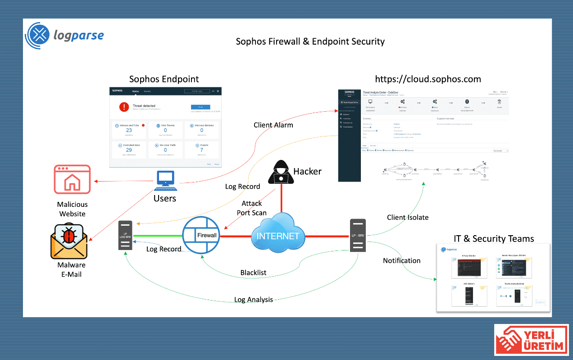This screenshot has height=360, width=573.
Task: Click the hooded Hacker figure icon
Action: click(x=281, y=172)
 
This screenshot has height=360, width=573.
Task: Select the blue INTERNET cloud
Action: click(x=277, y=233)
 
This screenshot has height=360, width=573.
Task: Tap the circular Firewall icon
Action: click(x=201, y=234)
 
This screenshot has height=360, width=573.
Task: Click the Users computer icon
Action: click(x=165, y=179)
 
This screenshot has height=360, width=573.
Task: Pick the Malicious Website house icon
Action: click(x=72, y=180)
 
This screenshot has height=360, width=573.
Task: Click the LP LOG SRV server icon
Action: click(x=125, y=235)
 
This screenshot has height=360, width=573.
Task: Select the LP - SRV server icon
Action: click(x=359, y=235)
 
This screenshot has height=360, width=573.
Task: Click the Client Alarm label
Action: click(x=273, y=125)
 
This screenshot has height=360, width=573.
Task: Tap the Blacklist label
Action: click(x=253, y=273)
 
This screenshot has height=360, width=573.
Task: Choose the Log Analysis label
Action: click(x=253, y=300)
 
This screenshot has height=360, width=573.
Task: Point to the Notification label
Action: click(x=401, y=260)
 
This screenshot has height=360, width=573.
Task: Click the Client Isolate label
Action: click(x=408, y=217)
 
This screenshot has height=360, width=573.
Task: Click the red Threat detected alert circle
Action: click(x=124, y=107)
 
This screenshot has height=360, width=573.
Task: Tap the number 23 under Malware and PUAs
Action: click(x=129, y=130)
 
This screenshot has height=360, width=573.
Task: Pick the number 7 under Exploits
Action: click(x=202, y=150)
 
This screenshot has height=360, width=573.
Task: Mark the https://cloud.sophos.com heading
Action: click(x=428, y=79)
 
